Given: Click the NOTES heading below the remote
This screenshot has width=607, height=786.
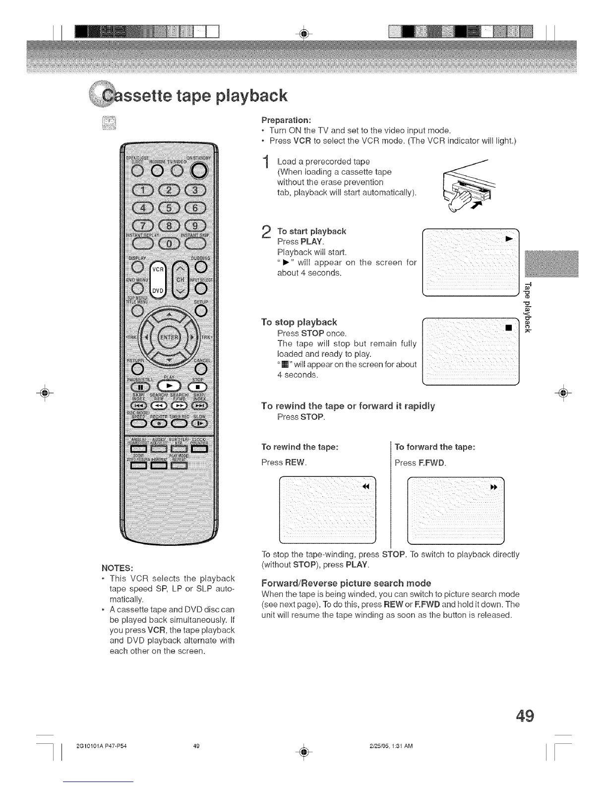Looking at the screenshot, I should [x=117, y=568].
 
